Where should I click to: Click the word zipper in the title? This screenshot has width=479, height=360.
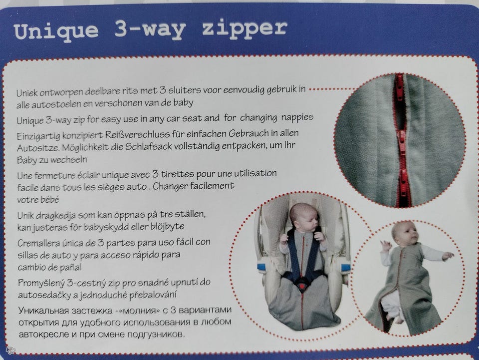pyautogui.click(x=244, y=29)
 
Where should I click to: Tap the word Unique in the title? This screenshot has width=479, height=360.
pyautogui.click(x=56, y=32)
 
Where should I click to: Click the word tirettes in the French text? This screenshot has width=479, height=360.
pyautogui.click(x=177, y=174)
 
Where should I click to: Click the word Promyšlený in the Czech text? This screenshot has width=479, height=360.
pyautogui.click(x=41, y=284)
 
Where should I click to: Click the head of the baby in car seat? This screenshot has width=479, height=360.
pyautogui.click(x=304, y=217)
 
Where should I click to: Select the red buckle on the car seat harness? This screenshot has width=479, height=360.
pyautogui.click(x=302, y=287)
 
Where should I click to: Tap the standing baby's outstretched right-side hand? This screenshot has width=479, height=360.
pyautogui.click(x=448, y=256)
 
